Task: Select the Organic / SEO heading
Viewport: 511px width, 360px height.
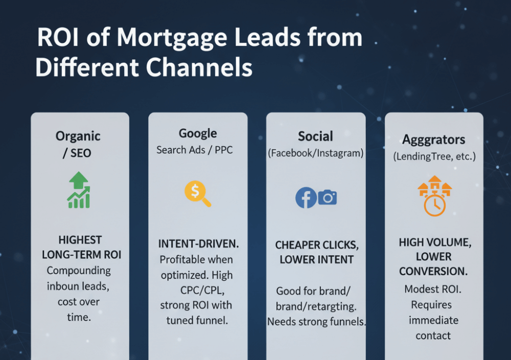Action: [78, 145]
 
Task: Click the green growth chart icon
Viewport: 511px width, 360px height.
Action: [79, 190]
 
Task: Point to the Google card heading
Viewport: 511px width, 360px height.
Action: [198, 134]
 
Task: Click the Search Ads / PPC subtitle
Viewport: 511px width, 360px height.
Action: [194, 150]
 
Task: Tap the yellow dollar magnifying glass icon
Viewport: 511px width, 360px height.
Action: [197, 194]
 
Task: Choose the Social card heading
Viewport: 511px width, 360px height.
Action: [315, 136]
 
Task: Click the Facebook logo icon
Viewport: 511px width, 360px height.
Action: [306, 198]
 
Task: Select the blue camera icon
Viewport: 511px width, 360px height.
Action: [328, 197]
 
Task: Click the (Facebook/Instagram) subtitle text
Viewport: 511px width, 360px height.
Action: [315, 153]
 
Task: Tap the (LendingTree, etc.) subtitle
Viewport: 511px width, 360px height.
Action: [434, 156]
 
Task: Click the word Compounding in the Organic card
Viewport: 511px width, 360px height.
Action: [79, 270]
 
